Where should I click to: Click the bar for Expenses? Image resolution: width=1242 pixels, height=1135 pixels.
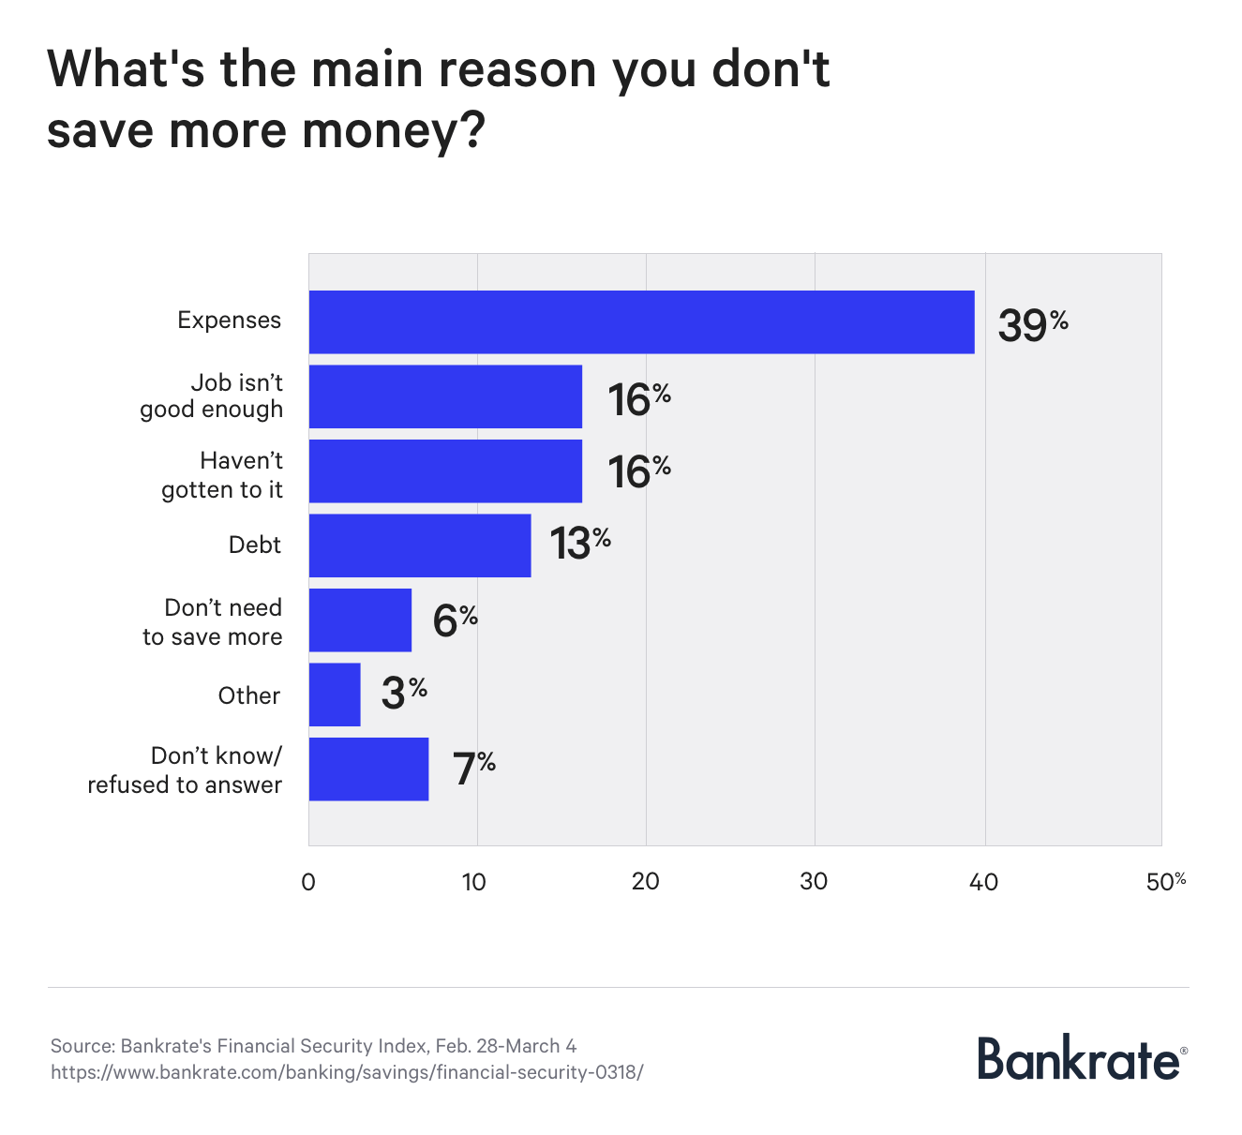641,321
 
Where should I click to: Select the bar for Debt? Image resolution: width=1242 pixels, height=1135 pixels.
419,545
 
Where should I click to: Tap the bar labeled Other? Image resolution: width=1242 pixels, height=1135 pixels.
334,694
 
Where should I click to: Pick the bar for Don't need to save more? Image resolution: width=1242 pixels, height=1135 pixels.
360,620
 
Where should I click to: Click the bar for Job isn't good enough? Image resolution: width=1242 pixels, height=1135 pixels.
445,396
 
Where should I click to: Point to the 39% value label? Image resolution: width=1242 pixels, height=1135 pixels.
1031,324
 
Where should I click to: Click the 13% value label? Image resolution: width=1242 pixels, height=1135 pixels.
578,543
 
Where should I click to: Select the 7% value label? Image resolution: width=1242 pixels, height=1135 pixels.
473,768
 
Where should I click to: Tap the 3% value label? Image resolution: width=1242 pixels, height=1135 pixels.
403,693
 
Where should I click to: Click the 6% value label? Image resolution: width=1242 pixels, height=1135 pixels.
455,620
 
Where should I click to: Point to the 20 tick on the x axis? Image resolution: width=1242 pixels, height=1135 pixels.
645,882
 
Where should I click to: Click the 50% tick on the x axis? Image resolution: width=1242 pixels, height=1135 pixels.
1165,882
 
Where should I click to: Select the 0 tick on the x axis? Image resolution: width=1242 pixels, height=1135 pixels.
308,882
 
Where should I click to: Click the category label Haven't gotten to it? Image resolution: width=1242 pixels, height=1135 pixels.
222,475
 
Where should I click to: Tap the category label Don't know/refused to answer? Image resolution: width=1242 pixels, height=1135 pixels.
185,769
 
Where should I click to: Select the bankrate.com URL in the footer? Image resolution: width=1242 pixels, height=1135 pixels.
347,1072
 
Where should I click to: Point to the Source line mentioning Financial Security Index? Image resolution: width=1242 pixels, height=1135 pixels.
313,1046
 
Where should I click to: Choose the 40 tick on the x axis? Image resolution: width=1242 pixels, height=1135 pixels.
983,882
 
